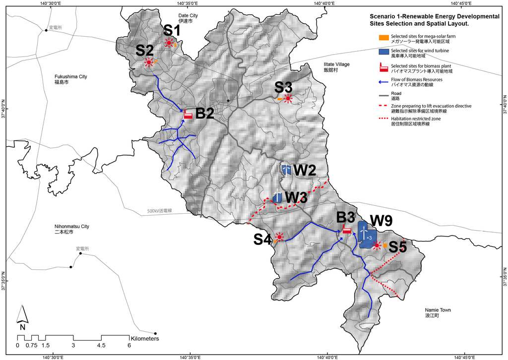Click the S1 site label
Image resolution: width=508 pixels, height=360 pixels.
(x=172, y=30)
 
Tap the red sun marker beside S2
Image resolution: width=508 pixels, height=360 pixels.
(x=149, y=62)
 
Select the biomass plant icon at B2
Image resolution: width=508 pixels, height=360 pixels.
(x=188, y=115)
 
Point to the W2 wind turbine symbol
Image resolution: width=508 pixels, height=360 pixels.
(x=286, y=170)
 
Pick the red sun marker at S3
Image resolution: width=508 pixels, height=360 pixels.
(x=288, y=98)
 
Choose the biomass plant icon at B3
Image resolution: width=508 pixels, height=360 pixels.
(x=347, y=230)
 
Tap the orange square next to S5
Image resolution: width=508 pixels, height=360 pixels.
(x=385, y=245)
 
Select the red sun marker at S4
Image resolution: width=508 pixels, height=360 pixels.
(x=279, y=237)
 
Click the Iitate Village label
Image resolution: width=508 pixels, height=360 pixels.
(x=323, y=67)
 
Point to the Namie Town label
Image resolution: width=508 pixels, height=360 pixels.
(x=438, y=312)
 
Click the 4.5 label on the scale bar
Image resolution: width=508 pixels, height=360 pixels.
(x=101, y=345)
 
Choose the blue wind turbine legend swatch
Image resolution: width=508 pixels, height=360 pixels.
(x=382, y=52)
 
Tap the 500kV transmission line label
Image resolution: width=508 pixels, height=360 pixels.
(x=159, y=211)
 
